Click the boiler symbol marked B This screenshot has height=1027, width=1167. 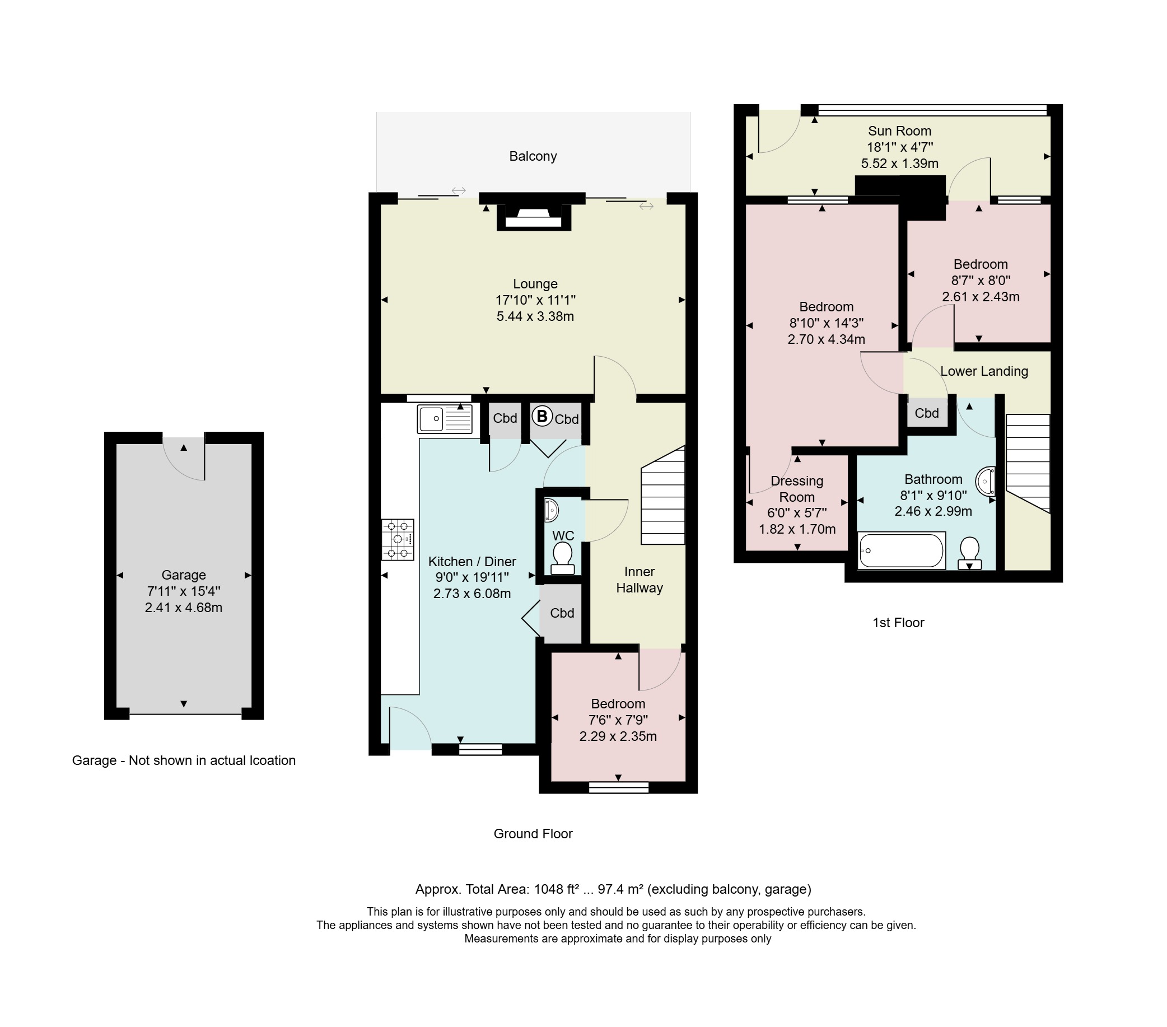tap(543, 416)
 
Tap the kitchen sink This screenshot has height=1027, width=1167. tap(445, 419)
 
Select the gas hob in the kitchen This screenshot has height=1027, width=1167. tap(398, 539)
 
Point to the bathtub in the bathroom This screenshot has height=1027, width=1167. tap(902, 550)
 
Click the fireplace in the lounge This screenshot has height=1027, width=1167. tap(534, 217)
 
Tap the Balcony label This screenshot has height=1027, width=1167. tap(533, 156)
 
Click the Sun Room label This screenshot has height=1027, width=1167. tap(900, 130)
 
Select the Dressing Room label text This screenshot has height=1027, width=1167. tap(797, 489)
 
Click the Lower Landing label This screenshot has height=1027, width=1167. tap(984, 371)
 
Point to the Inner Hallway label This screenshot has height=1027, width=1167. tap(639, 580)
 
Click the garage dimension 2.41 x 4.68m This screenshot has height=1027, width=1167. tap(183, 608)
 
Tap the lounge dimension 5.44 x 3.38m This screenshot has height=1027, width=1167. tap(535, 316)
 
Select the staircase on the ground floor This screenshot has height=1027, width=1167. tap(663, 495)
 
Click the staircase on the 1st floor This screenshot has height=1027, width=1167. tap(1028, 464)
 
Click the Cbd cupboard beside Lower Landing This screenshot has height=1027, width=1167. tap(927, 413)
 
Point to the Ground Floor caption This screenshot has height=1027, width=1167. tap(533, 833)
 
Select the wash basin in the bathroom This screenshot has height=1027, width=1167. tap(986, 480)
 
